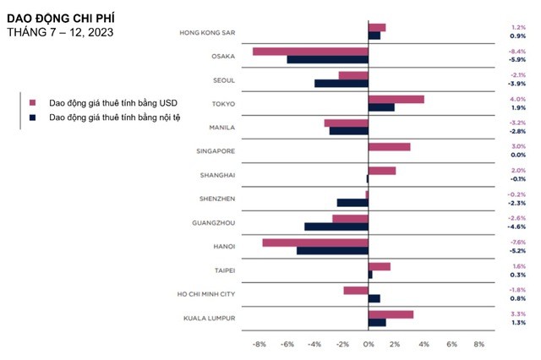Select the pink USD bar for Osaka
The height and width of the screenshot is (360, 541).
(x=310, y=52)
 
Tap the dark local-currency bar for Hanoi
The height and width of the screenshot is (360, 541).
(x=332, y=250)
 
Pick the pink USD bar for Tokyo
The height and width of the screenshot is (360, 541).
(x=396, y=99)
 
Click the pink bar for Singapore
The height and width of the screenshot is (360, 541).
(x=389, y=146)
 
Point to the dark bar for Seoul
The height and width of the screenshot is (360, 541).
(x=341, y=83)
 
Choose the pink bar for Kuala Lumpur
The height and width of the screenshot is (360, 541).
(x=391, y=314)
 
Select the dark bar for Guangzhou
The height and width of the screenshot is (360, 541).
(x=336, y=226)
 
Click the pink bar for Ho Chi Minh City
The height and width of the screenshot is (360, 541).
(x=355, y=290)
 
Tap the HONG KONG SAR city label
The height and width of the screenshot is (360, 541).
(x=207, y=33)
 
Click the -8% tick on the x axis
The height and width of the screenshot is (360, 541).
(x=260, y=345)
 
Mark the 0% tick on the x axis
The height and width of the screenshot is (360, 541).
(x=369, y=345)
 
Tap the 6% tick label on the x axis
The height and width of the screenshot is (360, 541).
(x=451, y=345)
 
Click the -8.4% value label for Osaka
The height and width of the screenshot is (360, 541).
(x=517, y=52)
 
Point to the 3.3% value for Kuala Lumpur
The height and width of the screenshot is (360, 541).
(x=517, y=314)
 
